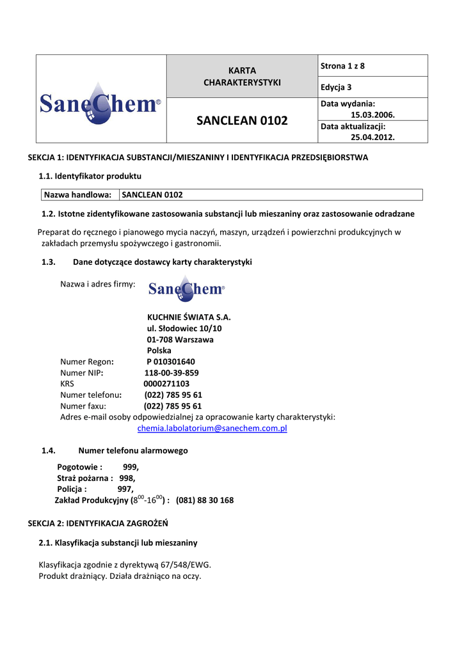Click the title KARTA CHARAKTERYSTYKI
[242, 76]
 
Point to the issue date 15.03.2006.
[372, 114]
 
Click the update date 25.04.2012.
[372, 137]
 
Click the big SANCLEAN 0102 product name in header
[242, 120]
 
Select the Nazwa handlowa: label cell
[77, 194]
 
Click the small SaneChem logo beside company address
[186, 289]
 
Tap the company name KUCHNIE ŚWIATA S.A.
[189, 317]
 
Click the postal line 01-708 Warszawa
[180, 340]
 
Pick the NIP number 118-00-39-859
[172, 373]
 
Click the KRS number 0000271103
[166, 384]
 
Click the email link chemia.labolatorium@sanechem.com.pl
[212, 429]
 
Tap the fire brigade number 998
[127, 478]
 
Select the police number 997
[125, 489]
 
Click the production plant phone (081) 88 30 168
[205, 500]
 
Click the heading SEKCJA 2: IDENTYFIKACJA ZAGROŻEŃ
[98, 523]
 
